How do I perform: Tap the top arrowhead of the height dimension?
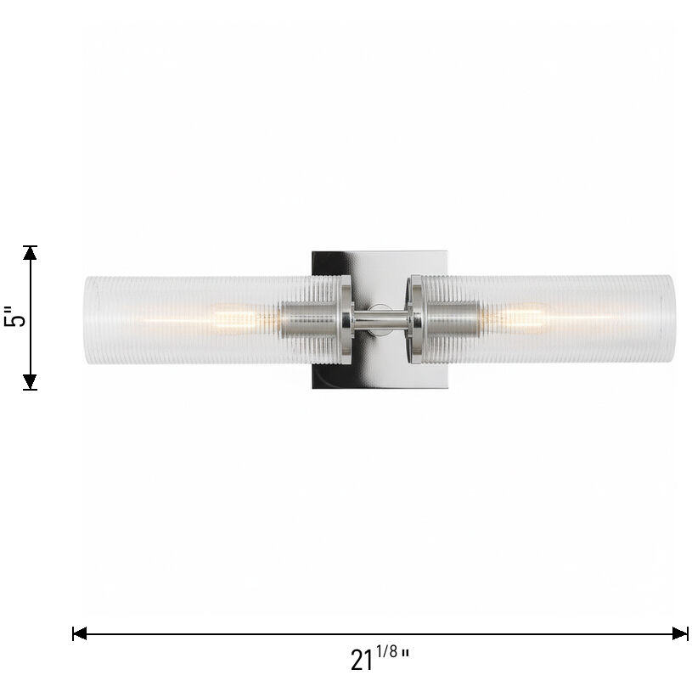pos(31,252)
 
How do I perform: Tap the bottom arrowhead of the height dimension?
pos(31,383)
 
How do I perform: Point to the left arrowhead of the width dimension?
pos(79,633)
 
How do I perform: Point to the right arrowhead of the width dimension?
pos(681,633)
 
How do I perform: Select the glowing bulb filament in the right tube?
pos(526,318)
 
